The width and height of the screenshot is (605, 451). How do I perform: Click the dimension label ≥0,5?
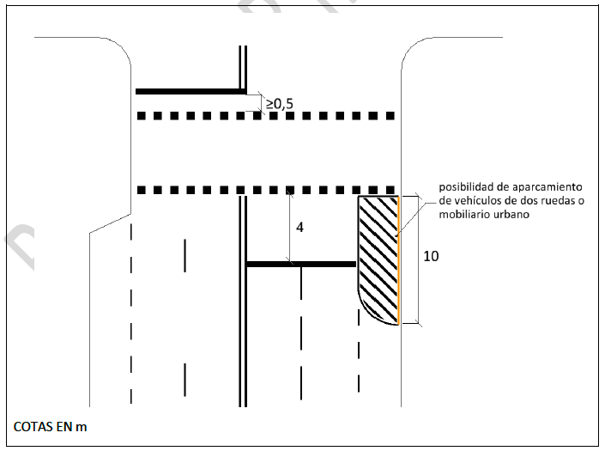(x=279, y=104)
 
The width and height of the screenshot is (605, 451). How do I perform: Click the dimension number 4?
(x=299, y=228)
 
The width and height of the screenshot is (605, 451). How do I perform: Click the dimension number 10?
(x=431, y=257)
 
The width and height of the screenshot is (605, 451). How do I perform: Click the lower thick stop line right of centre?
(x=300, y=264)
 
